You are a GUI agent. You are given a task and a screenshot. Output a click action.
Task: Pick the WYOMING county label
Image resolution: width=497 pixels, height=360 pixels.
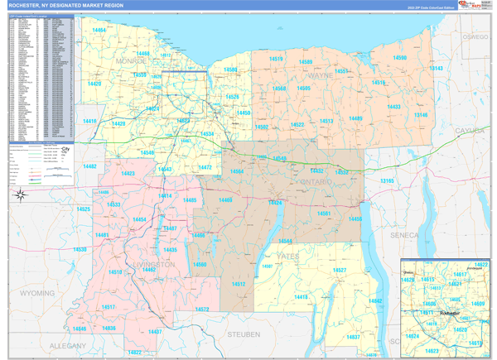pos(36,293)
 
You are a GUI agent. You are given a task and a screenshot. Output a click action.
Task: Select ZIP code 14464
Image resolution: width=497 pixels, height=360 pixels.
pos(99,30)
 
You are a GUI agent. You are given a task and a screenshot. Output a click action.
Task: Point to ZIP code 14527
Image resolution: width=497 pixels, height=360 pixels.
pos(338,271)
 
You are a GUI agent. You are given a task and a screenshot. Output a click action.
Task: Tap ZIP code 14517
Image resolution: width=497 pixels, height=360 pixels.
pos(108,307)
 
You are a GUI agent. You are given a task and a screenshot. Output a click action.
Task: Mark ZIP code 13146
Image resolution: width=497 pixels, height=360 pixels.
pos(422,115)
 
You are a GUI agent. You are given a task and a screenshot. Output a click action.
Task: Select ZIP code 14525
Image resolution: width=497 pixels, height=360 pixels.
pos(84,210)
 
